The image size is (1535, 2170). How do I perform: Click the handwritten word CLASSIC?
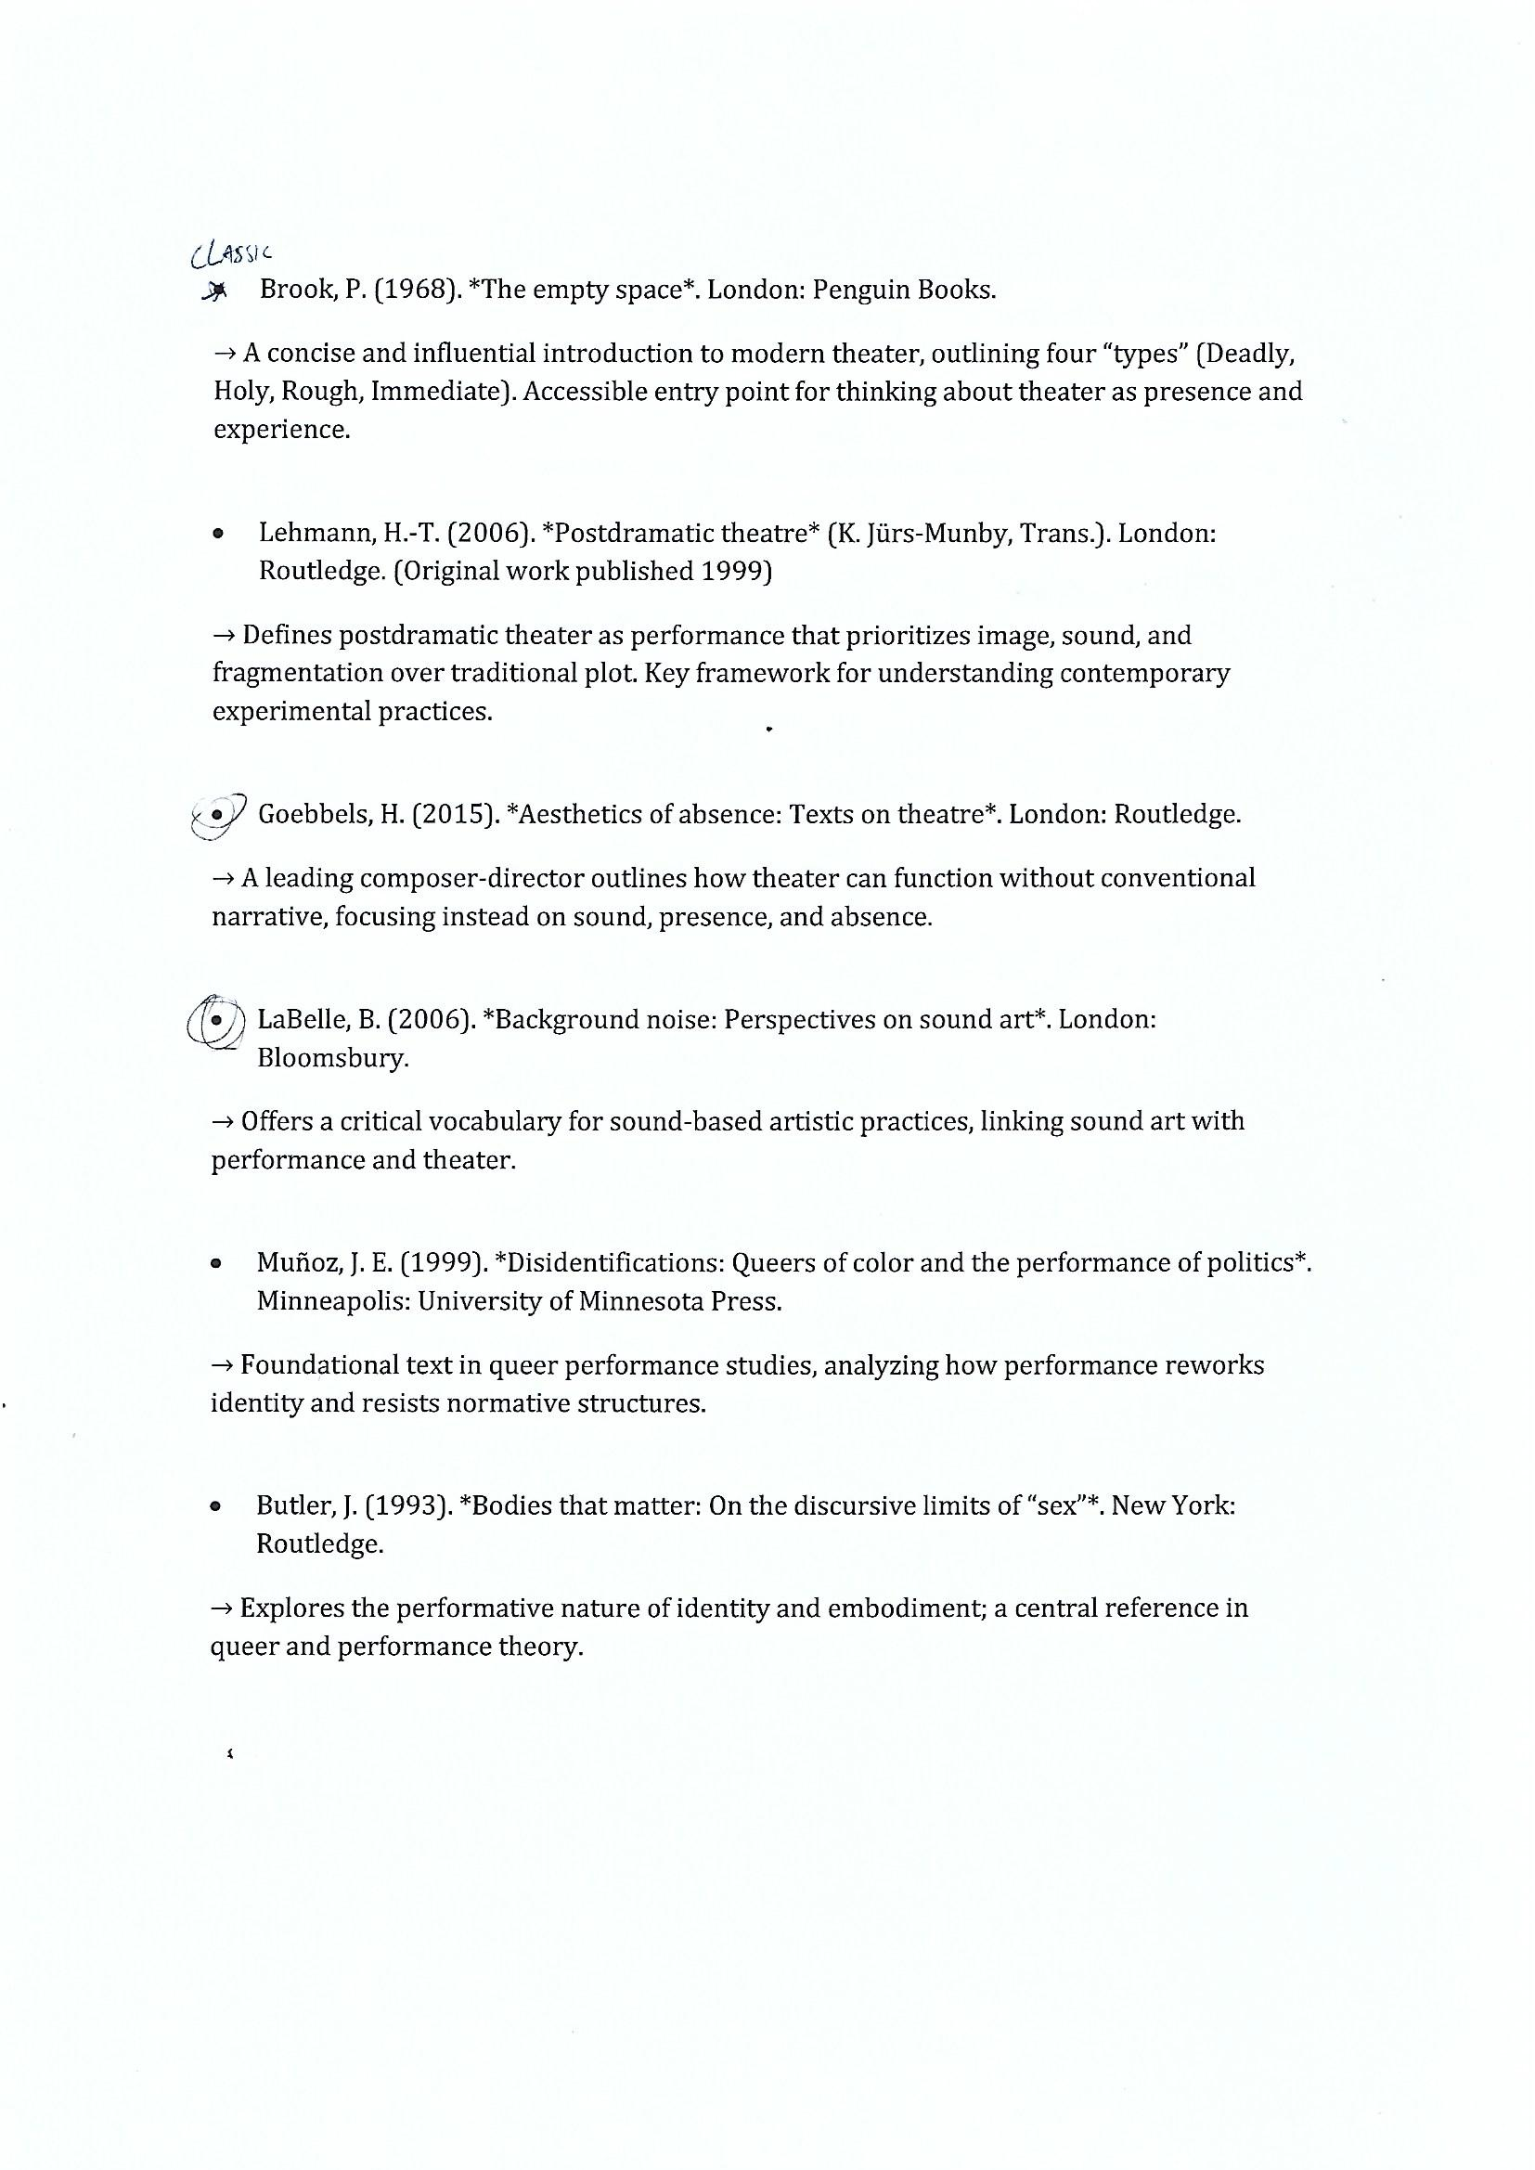coord(232,252)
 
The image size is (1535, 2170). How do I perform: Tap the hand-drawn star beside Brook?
coord(215,291)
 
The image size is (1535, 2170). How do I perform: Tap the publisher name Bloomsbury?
coord(331,1057)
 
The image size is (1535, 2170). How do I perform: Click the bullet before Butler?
coord(216,1506)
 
